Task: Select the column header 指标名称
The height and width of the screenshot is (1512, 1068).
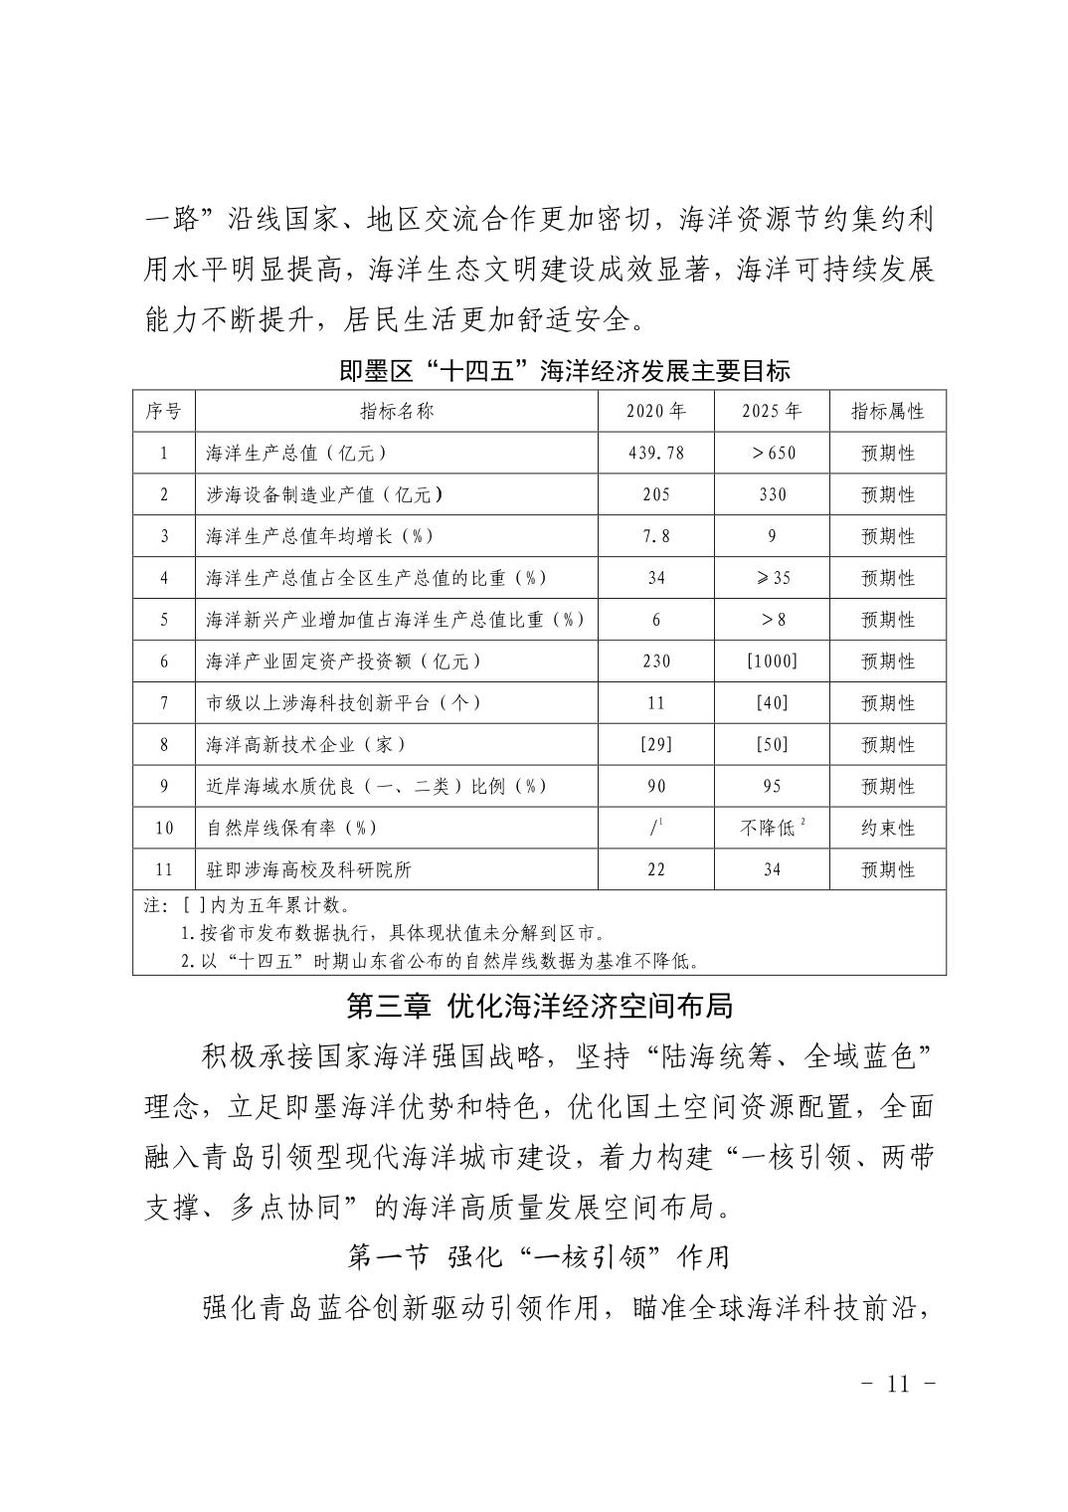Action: pos(397,411)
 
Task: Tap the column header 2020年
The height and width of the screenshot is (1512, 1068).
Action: pos(655,411)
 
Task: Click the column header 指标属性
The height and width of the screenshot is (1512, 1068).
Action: pos(887,411)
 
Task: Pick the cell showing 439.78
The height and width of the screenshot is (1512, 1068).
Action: pos(655,453)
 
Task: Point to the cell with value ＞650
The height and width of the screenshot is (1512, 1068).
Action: pos(772,453)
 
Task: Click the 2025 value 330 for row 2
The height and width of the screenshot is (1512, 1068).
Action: pos(772,494)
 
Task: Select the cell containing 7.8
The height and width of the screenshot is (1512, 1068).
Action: pos(655,536)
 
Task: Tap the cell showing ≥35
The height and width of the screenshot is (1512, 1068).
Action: pos(772,578)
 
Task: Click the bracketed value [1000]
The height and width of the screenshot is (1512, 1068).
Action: pos(772,661)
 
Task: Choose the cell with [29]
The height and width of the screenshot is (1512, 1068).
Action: pos(655,745)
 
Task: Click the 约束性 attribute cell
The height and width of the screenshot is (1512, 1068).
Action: pos(887,828)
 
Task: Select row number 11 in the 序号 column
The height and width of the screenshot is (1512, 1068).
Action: pos(164,869)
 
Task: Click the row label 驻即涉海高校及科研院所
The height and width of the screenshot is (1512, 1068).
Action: pos(308,869)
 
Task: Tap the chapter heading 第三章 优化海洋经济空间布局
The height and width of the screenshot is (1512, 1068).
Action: pos(538,1006)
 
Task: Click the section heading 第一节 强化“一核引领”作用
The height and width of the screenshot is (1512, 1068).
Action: pos(538,1257)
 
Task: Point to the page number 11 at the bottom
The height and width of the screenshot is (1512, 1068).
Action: pos(897,1385)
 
